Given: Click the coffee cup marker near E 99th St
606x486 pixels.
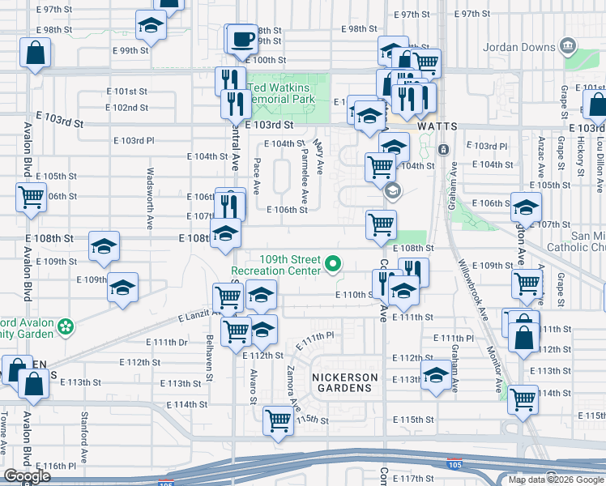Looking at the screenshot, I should pyautogui.click(x=242, y=38).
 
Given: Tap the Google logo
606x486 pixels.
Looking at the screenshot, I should pyautogui.click(x=27, y=476).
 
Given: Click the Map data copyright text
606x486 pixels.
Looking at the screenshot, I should pyautogui.click(x=556, y=480).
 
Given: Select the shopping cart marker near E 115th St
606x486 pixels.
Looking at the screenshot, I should pyautogui.click(x=278, y=420).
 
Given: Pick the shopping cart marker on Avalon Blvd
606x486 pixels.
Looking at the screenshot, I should pyautogui.click(x=31, y=196).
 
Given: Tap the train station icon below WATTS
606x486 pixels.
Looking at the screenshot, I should pyautogui.click(x=443, y=150).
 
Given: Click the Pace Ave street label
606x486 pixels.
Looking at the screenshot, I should pyautogui.click(x=256, y=176).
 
